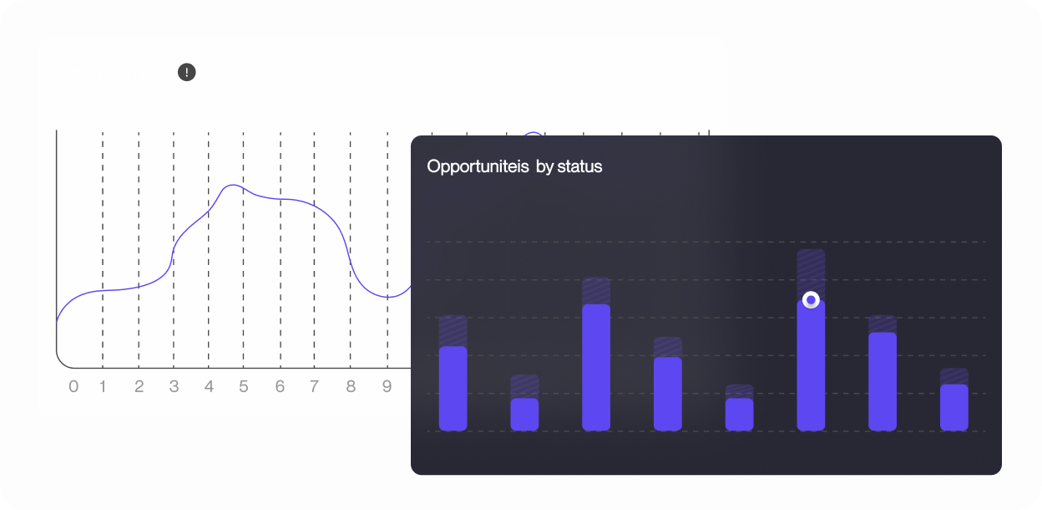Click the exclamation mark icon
pos(186,72)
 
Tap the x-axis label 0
pos(73,386)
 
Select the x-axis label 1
pos(103,386)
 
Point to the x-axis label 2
pos(139,386)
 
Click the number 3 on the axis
pos(174,386)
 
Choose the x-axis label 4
pos(209,386)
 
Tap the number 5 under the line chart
pos(244,386)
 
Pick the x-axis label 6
pos(280,386)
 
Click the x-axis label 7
pos(315,386)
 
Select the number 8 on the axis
pos(351,386)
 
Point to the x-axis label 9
pos(387,386)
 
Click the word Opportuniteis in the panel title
pos(478,166)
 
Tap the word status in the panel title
pos(579,166)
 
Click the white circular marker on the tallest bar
pos(811,300)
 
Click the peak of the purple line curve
pos(233,185)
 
